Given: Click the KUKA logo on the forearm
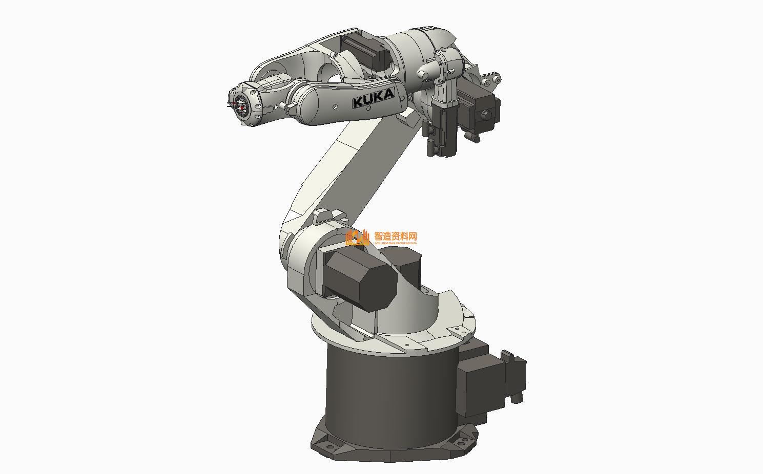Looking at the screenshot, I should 374,98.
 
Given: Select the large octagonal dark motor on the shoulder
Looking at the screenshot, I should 361,279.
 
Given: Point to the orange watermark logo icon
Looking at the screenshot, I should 358,237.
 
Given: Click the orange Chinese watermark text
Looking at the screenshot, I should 396,236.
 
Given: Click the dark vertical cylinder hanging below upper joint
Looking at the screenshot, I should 443,128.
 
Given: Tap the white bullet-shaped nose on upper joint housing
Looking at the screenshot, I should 424,75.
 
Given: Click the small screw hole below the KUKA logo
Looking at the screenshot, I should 335,106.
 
